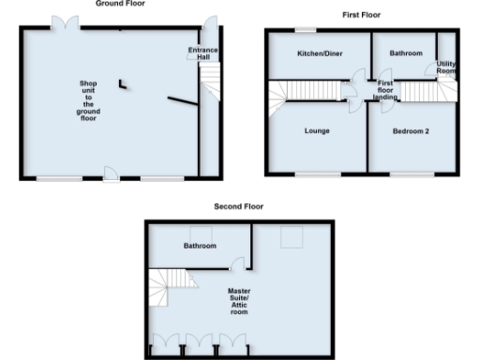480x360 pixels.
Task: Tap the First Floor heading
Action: coord(361,15)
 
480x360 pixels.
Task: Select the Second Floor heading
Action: coord(239,206)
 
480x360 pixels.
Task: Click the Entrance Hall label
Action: coord(199,53)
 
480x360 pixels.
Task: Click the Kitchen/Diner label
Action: coord(316,54)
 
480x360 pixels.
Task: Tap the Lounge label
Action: coord(316,130)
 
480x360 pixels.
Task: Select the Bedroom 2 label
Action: coord(412,130)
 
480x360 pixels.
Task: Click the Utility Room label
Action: coord(446,67)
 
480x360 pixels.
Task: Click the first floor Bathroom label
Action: coord(406,53)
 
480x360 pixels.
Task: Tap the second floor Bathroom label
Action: coord(200,246)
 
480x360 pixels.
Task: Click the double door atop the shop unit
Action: coord(66,23)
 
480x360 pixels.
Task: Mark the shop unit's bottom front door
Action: coord(110,172)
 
